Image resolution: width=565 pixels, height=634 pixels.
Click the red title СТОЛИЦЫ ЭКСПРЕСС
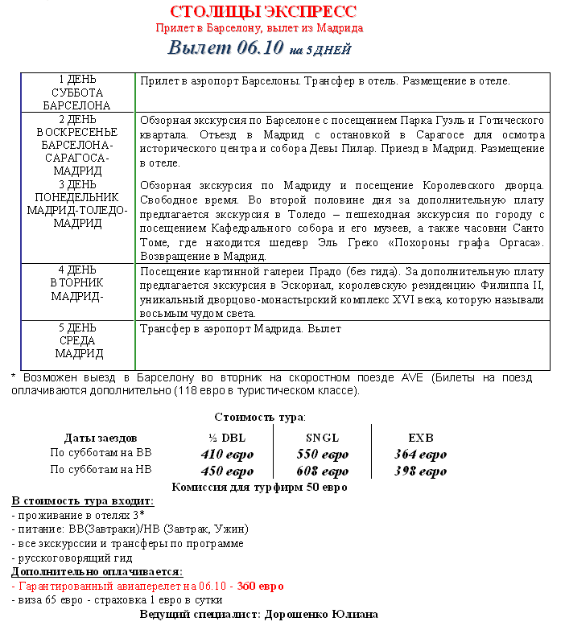(263, 11)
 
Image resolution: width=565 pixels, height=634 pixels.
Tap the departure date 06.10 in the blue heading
(261, 47)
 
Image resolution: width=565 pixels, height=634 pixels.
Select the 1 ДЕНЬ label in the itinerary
(77, 80)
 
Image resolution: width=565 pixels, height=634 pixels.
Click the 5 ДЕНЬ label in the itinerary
(77, 328)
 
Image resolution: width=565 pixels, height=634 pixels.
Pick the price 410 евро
(227, 455)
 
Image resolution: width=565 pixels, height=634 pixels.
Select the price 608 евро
(322, 471)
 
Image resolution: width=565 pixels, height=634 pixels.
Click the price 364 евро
(420, 455)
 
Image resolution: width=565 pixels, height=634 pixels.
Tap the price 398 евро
(420, 471)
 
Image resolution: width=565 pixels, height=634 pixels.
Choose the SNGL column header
(322, 438)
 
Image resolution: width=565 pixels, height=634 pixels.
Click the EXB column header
(420, 438)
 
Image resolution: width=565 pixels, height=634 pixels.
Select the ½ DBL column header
(227, 438)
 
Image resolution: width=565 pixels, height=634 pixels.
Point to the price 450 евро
(227, 471)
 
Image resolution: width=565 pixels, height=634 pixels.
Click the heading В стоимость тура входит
(82, 501)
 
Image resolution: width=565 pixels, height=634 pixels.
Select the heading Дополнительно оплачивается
(97, 572)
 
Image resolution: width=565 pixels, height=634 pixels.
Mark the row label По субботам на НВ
(101, 470)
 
